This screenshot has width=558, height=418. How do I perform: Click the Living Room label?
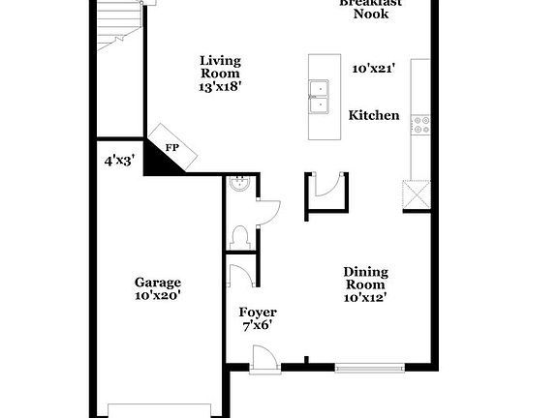(220, 66)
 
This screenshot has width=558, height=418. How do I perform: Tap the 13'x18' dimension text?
(220, 86)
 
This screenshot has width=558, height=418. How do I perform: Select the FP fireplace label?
(172, 148)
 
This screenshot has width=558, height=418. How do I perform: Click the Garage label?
(157, 283)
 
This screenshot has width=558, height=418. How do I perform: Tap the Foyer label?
(258, 313)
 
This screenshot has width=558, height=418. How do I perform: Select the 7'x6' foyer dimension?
(257, 326)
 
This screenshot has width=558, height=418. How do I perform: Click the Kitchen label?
(374, 115)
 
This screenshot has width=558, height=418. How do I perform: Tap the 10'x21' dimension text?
(374, 69)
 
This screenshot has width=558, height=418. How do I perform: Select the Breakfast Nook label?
(371, 8)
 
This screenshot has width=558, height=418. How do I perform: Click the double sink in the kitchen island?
(320, 90)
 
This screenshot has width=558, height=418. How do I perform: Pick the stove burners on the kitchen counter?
(421, 125)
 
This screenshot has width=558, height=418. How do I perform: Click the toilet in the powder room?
(239, 235)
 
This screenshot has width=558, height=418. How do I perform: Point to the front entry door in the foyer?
(262, 361)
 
